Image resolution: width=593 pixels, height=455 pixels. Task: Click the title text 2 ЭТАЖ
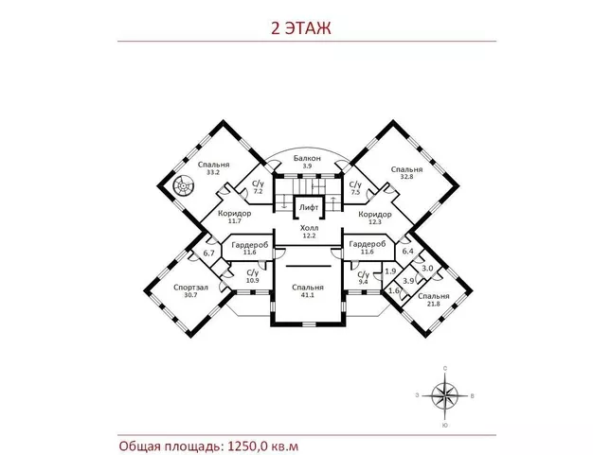[297, 28]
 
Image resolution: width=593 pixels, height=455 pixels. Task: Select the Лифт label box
[307, 205]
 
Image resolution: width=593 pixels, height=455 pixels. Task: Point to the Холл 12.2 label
[309, 231]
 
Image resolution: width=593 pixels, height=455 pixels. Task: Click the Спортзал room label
[189, 290]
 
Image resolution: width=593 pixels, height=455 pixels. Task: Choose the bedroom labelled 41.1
[308, 291]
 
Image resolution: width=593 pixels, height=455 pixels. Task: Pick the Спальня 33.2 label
[214, 167]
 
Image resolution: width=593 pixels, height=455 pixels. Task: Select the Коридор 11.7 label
[234, 217]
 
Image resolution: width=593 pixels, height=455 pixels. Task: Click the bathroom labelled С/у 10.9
[252, 277]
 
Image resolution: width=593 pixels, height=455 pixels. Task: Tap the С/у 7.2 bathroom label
[257, 187]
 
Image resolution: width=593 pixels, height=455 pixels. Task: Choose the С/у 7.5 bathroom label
[355, 188]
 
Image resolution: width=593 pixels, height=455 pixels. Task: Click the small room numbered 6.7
[208, 254]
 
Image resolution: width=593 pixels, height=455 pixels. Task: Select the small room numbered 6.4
[407, 252]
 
